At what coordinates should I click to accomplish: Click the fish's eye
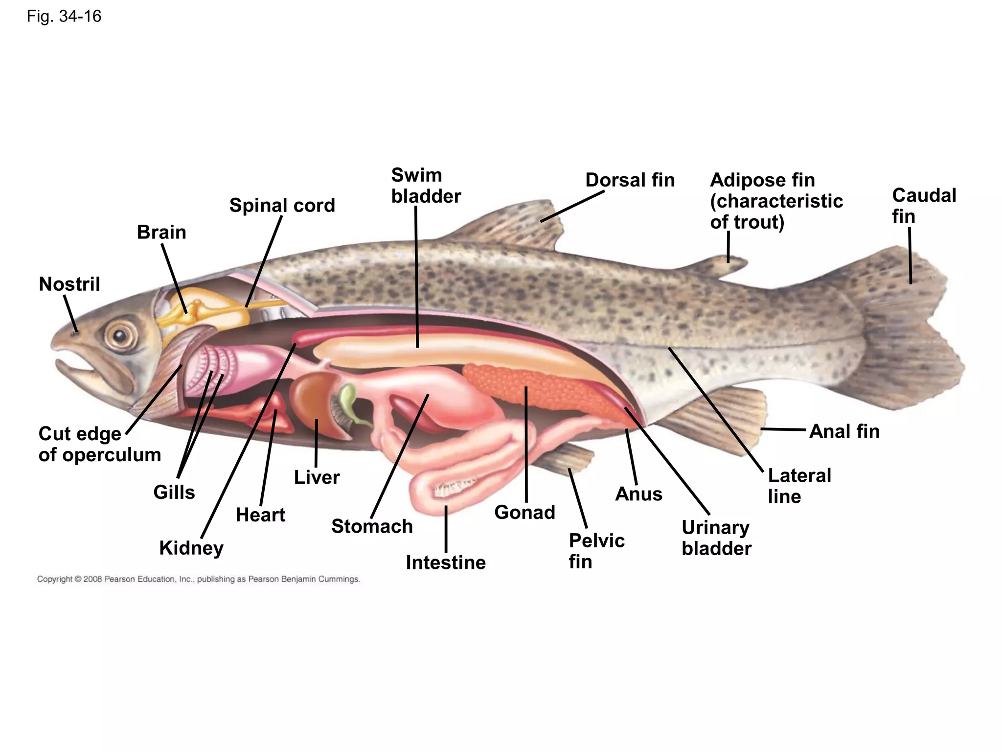pos(119,336)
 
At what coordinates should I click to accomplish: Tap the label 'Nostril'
pos(69,284)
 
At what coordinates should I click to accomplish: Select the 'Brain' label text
pos(161,232)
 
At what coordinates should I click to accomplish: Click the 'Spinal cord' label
pos(282,206)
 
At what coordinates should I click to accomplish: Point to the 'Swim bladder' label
pos(426,186)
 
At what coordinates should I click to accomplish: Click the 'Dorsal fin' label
pos(630,180)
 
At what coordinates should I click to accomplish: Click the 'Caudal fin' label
pos(923,206)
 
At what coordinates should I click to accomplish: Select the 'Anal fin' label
pos(844,431)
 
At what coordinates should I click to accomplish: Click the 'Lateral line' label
pos(799,486)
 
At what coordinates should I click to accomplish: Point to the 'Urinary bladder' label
pos(716,538)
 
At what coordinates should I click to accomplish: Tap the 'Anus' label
pos(638,494)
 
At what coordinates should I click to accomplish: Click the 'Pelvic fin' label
pos(596,551)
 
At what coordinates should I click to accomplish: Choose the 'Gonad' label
pos(524,513)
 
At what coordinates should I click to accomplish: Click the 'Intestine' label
pos(446,563)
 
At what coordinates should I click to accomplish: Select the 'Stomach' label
pos(372,526)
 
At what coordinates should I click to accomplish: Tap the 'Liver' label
pos(317,477)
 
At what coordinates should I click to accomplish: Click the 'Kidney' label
pos(191,548)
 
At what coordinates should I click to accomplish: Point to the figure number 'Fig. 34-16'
pos(64,17)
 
